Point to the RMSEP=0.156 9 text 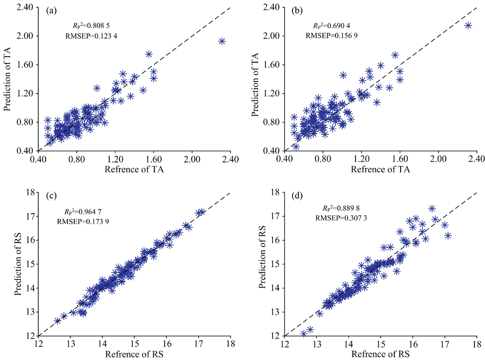331,35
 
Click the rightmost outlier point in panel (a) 222,41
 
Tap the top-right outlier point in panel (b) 468,25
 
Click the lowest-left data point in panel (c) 58,321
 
